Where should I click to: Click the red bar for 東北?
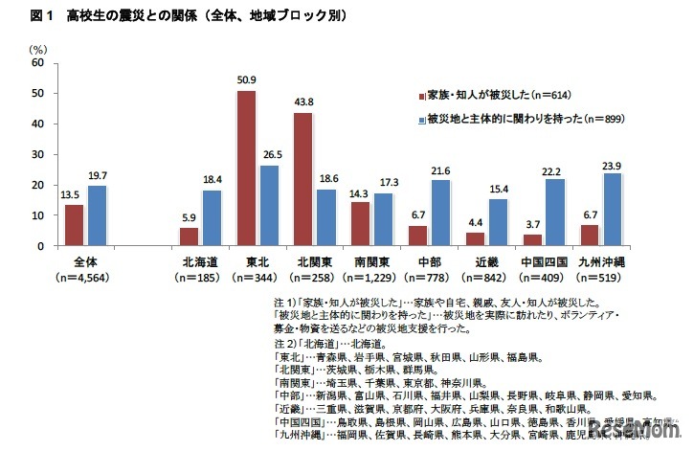246,168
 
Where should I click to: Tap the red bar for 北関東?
302,179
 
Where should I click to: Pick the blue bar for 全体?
96,215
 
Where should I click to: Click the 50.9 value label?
246,81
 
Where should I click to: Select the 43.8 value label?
302,103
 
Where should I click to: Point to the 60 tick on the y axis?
39,62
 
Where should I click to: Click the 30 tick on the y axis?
39,154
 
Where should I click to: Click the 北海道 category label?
197,260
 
